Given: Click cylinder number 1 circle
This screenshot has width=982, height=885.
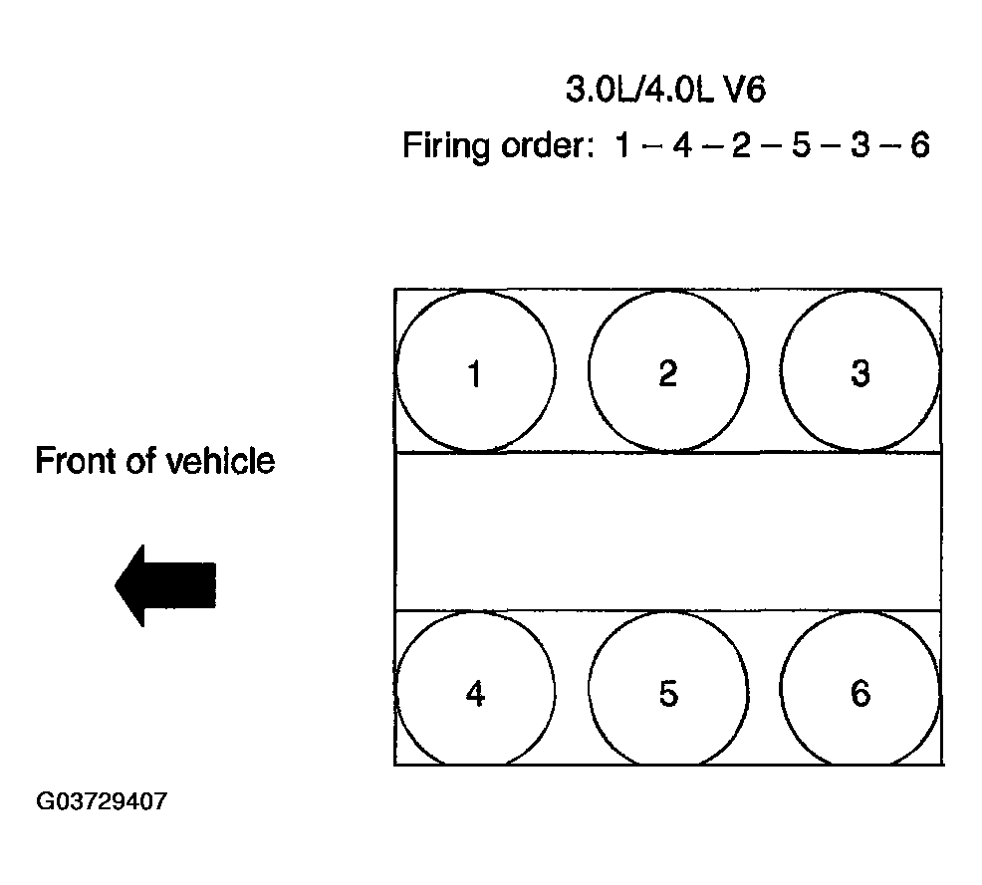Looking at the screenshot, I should click(x=475, y=371).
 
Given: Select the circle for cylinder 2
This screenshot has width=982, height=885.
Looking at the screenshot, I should click(x=667, y=371).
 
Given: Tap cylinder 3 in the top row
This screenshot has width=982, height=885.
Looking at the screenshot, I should click(x=860, y=371).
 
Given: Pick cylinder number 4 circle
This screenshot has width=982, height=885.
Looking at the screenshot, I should click(x=475, y=691).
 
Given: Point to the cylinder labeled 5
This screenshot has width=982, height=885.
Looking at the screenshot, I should click(x=667, y=691).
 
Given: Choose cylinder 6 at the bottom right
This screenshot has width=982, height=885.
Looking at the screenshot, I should click(x=860, y=691).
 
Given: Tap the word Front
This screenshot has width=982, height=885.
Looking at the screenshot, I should click(x=74, y=462).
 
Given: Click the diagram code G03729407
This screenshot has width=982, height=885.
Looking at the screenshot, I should click(x=102, y=801).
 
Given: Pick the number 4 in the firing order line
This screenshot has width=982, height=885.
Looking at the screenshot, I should click(x=681, y=146).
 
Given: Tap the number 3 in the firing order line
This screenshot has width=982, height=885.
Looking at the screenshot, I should click(x=859, y=146).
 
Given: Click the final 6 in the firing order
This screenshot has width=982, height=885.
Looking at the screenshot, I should click(x=918, y=146).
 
